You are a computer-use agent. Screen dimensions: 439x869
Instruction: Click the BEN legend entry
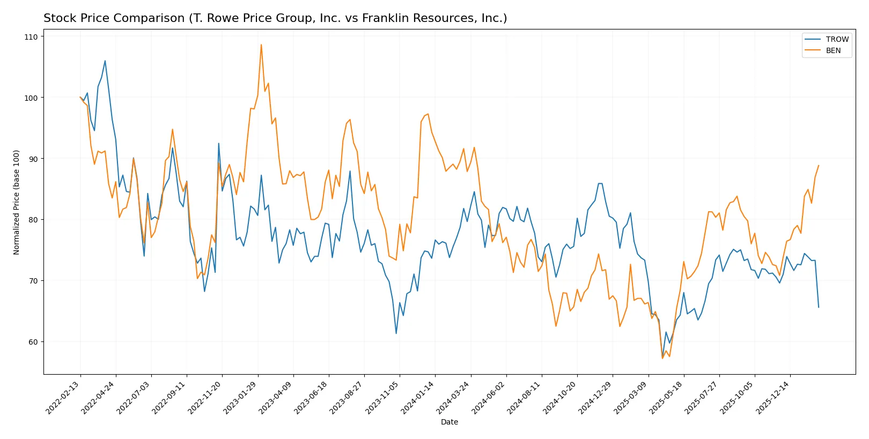pyautogui.click(x=833, y=50)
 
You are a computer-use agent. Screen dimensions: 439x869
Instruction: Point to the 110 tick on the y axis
pyautogui.click(x=31, y=37)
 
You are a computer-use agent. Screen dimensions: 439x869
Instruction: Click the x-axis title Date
pyautogui.click(x=449, y=422)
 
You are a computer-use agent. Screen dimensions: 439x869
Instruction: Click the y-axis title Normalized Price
pyautogui.click(x=17, y=202)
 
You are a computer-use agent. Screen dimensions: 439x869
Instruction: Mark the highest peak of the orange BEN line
pyautogui.click(x=261, y=44)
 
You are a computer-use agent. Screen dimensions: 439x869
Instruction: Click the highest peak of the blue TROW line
pyautogui.click(x=105, y=61)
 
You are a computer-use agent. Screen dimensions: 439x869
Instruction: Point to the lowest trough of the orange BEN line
pyautogui.click(x=662, y=358)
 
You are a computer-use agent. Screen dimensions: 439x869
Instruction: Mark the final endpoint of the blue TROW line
pyautogui.click(x=819, y=307)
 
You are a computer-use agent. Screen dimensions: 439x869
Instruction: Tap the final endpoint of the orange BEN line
pyautogui.click(x=819, y=166)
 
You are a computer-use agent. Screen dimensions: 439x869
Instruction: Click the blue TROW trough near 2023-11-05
pyautogui.click(x=396, y=333)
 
